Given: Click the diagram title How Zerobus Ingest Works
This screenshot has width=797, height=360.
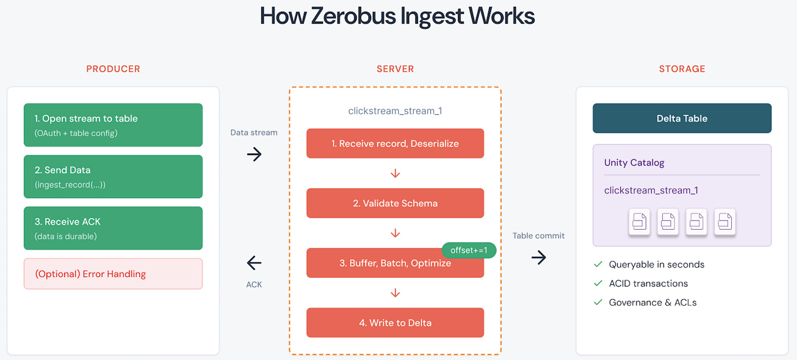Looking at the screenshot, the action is coord(397,16).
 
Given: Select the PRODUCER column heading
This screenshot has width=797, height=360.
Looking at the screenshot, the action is coord(113,69).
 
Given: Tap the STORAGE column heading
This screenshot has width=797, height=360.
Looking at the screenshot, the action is coord(682,69).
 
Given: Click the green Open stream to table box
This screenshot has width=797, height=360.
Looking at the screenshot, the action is coord(113,125).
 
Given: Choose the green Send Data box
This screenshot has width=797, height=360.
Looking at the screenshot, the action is coord(113,176).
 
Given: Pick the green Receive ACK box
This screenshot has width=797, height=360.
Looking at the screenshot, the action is coord(113,228).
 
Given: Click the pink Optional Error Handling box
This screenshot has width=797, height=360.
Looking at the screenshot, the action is coord(113,274).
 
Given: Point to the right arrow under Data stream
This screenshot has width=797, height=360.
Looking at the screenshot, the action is coord(254,154).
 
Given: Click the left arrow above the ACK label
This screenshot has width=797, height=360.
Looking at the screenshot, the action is coord(254,263).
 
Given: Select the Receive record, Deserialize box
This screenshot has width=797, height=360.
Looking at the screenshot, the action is coord(395,143).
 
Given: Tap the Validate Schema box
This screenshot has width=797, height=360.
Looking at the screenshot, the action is coord(395,203).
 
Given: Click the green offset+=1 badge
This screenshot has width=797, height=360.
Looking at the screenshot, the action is coord(469,250).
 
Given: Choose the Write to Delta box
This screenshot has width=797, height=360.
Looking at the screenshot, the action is coord(395,323).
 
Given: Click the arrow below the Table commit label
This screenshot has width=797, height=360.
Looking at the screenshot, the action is coord(539,257).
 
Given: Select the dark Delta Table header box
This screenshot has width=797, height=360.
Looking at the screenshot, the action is coord(682,118).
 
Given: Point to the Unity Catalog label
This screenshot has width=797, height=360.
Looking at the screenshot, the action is coord(634,162).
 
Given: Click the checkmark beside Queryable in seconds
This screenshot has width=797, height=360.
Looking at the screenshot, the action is coord(598,264).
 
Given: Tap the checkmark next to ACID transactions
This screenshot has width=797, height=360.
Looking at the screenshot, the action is coord(598,283).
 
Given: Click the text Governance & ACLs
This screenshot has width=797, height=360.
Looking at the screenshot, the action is coord(652,302).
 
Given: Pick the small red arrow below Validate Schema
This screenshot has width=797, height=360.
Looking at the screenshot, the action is coord(395,234).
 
